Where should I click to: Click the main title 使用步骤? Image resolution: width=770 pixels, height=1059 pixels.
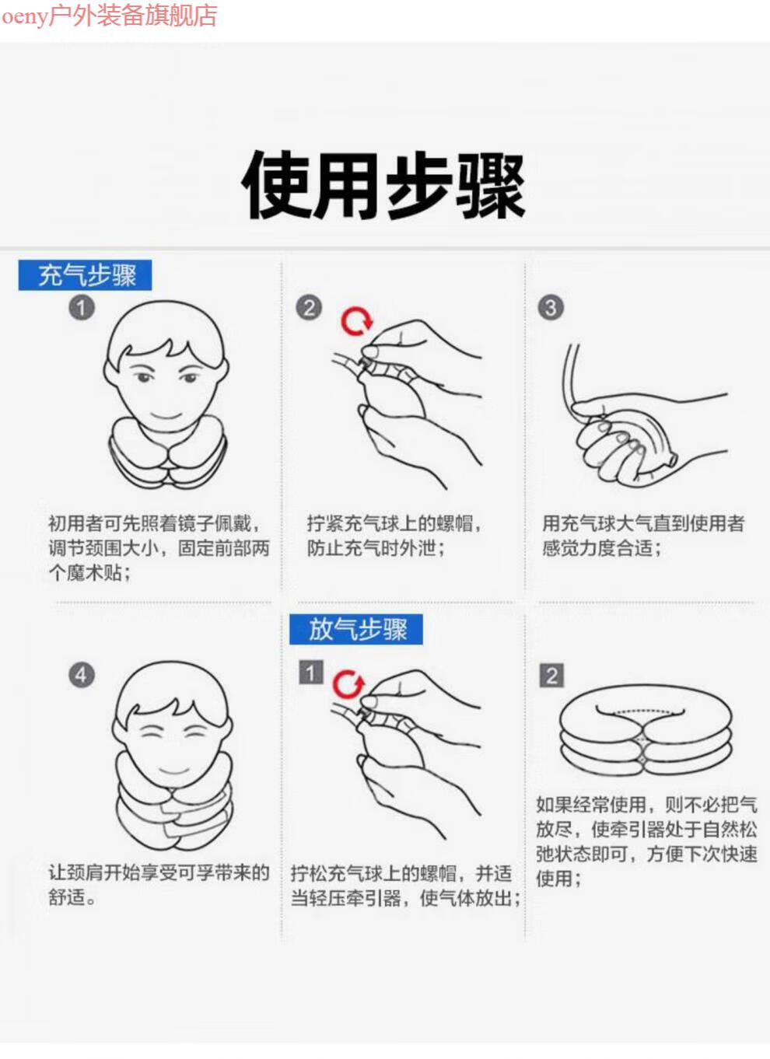383,185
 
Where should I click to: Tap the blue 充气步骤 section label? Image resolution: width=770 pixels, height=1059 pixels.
85,275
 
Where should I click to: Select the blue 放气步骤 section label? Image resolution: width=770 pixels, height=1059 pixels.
356,629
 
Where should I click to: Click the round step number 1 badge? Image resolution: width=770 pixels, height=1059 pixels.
82,308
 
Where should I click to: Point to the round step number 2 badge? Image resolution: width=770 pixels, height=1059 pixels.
309,308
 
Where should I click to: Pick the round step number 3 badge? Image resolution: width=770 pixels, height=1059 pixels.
551,308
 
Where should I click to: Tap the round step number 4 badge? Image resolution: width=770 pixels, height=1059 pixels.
82,675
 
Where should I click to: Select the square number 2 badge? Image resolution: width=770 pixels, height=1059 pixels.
552,676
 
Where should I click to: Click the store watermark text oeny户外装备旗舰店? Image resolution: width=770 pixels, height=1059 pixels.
109,15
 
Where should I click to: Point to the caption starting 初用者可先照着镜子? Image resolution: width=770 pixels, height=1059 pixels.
159,548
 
